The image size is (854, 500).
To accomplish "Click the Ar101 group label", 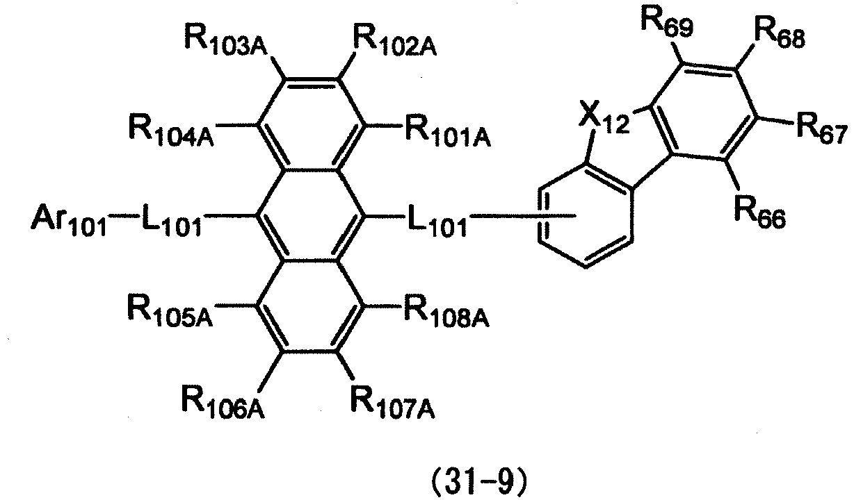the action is (69, 220).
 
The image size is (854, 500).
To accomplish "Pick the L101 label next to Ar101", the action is (172, 220).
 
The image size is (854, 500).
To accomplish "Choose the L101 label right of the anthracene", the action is (437, 220).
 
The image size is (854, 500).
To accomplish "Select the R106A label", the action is (224, 402).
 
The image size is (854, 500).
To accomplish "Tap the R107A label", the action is (393, 402).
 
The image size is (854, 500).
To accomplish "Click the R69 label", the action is (667, 23).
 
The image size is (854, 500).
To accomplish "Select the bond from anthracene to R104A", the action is (236, 125).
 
